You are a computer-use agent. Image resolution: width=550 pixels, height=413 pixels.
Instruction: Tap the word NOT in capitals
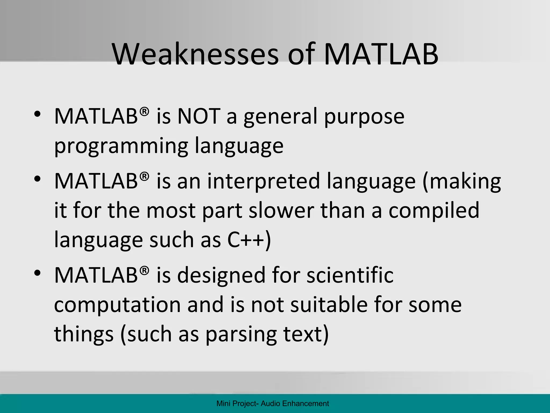(x=199, y=116)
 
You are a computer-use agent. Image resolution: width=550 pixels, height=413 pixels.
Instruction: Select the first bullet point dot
(x=37, y=114)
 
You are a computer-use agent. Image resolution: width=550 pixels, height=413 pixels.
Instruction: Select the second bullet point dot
(x=37, y=179)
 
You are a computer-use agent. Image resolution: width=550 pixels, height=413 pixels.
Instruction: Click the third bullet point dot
(x=37, y=273)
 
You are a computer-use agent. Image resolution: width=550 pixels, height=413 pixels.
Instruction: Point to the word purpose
(x=364, y=117)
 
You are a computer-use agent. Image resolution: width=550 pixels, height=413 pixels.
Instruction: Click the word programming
(x=121, y=147)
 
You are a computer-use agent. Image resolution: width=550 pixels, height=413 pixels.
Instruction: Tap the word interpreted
(x=263, y=181)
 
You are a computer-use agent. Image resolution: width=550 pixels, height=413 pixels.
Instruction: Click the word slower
(x=281, y=211)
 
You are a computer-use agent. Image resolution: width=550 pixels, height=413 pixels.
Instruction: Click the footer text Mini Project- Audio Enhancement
(x=273, y=404)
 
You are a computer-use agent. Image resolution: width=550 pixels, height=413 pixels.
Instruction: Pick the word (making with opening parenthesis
(x=462, y=181)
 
